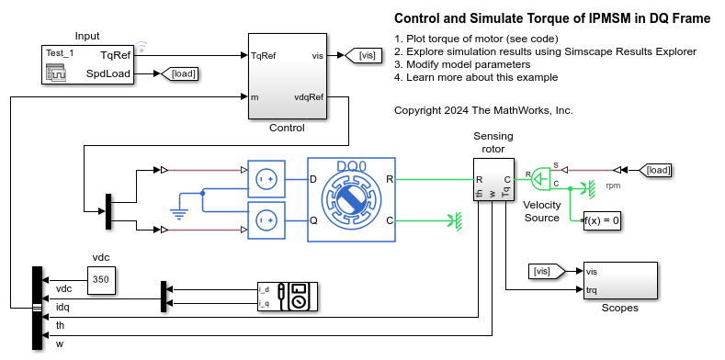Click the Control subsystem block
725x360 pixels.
coord(287,75)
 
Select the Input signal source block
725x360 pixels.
coord(86,63)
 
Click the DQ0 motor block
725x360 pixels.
coord(350,199)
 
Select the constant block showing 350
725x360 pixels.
coord(101,279)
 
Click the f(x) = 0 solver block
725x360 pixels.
coord(602,220)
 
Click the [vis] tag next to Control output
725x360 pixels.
coord(365,56)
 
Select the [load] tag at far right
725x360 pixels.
coord(656,170)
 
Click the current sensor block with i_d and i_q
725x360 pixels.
coord(288,297)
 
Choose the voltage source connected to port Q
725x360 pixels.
coord(266,220)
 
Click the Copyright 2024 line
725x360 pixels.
coord(483,110)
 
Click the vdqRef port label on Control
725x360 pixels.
coord(310,96)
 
